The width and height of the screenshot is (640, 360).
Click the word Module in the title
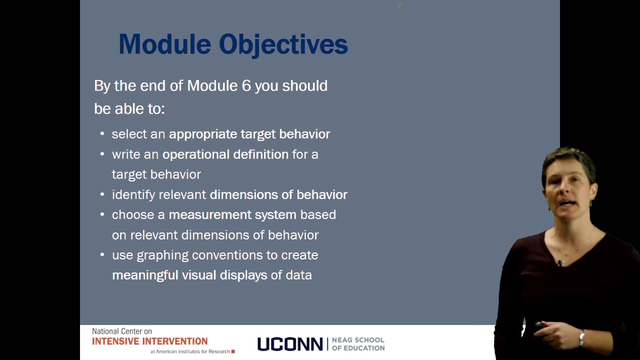pos(165,44)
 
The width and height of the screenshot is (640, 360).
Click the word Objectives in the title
pos(283,44)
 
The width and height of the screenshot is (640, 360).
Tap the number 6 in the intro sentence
pos(246,85)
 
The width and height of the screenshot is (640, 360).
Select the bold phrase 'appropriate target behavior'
pos(249,134)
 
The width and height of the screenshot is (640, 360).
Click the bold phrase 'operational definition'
pos(225,154)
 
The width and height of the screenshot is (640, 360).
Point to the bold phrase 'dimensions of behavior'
pos(278,194)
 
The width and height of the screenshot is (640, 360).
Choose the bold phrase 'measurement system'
pos(232,214)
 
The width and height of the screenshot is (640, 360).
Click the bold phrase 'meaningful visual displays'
pos(189,275)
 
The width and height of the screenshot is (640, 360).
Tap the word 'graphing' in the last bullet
pos(162,255)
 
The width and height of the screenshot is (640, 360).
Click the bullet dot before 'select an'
pos(102,133)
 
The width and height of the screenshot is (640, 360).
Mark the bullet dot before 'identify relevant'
pos(102,194)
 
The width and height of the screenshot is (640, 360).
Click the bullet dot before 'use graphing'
pos(102,254)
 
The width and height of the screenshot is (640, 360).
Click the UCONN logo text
pos(290,344)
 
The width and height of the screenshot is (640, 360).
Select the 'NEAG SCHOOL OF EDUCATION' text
pos(358,344)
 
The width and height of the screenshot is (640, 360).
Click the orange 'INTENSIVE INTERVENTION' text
pos(149,341)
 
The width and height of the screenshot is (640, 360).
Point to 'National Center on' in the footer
pos(121,331)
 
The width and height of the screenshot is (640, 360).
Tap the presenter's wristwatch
pos(581,338)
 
